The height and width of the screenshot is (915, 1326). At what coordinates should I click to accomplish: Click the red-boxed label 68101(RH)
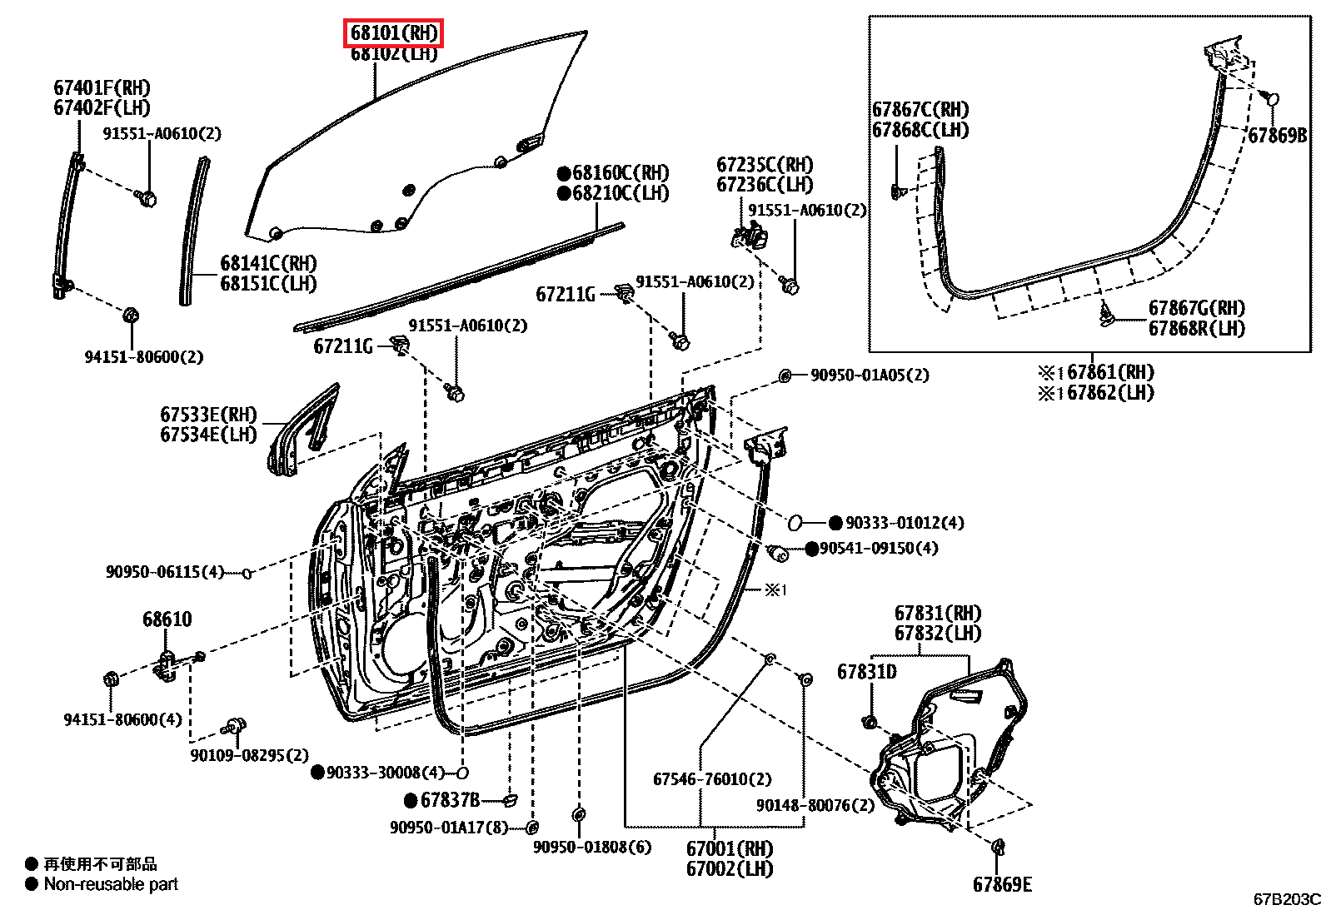click(394, 33)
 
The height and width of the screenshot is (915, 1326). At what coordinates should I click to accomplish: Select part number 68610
click(167, 619)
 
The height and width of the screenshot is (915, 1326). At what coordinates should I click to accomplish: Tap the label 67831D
click(866, 671)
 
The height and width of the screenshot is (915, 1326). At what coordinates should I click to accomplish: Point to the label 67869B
click(1277, 135)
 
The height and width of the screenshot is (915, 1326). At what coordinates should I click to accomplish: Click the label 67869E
click(1002, 883)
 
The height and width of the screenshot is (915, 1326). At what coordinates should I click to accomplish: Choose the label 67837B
click(450, 800)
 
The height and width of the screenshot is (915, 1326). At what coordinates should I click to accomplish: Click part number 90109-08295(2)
click(249, 755)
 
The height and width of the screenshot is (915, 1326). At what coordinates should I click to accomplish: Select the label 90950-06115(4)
click(165, 572)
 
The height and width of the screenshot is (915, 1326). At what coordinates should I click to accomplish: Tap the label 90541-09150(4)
click(878, 548)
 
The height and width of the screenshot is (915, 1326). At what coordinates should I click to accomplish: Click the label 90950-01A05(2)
click(869, 375)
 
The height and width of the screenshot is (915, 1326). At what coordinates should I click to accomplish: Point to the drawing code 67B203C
click(1287, 899)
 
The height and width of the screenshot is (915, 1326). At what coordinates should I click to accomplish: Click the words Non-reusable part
click(111, 884)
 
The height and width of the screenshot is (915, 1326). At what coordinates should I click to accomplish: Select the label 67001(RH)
click(730, 848)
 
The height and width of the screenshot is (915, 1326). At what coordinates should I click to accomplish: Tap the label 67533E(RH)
click(209, 414)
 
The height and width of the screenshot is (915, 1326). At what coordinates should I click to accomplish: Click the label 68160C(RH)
click(621, 173)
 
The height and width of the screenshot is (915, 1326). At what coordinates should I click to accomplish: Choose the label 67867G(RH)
click(1197, 308)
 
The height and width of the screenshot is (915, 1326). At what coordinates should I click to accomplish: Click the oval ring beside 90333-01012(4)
click(795, 523)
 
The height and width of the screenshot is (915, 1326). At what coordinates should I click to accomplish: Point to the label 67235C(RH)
click(765, 165)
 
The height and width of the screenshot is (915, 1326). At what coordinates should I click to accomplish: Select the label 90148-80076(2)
click(815, 805)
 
